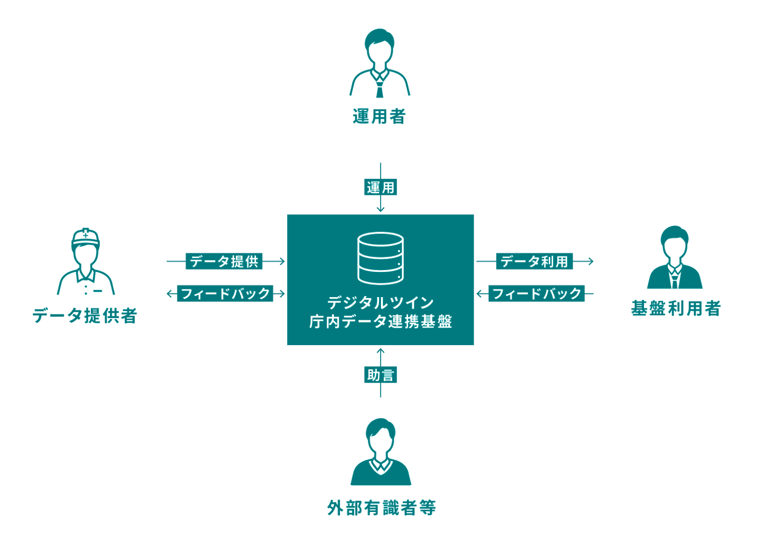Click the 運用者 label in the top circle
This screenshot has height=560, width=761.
(379, 116)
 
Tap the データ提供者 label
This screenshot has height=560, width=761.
(85, 316)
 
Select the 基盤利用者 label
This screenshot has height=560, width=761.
(675, 309)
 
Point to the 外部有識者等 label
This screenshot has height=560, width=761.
(381, 508)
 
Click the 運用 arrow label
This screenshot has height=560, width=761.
(380, 187)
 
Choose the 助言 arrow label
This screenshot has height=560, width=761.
(380, 375)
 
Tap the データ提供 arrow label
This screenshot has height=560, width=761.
(224, 261)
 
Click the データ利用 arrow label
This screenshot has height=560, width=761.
(534, 261)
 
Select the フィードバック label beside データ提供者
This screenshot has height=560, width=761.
(225, 294)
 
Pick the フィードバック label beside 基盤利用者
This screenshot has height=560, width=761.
(537, 294)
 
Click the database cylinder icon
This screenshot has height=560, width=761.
(380, 258)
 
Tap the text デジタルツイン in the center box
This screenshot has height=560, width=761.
(380, 302)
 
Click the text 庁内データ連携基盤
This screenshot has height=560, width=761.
(380, 322)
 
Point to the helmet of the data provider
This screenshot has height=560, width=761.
(86, 236)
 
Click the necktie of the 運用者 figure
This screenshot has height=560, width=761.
(380, 88)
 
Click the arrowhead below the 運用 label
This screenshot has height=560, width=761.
(380, 210)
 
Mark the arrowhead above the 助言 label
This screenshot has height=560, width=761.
(380, 351)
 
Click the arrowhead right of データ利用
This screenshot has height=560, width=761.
(591, 261)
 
